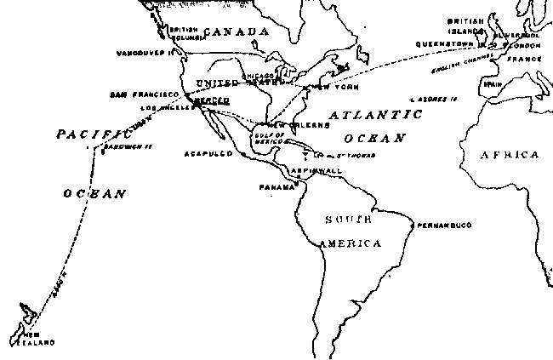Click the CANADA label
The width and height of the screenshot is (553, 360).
[237, 31]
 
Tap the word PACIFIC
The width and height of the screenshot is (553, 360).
[86, 134]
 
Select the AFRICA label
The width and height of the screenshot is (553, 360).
[509, 155]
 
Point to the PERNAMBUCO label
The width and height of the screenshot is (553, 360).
[443, 225]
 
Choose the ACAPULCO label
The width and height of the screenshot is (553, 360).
[204, 154]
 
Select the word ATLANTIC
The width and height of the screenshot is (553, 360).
[375, 114]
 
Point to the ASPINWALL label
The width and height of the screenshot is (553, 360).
[316, 171]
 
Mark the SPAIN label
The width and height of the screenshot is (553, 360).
[492, 84]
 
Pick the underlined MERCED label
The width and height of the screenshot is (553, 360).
[210, 100]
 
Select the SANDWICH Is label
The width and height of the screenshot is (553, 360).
[127, 146]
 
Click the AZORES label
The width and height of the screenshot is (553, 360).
[434, 99]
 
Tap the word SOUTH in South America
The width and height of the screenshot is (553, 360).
[348, 220]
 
